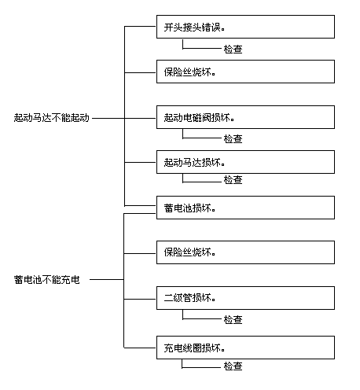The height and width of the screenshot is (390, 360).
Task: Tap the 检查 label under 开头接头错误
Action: click(x=233, y=49)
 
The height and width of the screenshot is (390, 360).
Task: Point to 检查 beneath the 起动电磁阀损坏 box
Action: click(x=233, y=138)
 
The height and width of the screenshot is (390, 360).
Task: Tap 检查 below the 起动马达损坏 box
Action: click(x=233, y=179)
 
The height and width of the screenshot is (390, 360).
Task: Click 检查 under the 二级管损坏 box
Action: click(x=233, y=319)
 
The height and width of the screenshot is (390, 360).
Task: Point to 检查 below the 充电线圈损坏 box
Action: click(x=233, y=366)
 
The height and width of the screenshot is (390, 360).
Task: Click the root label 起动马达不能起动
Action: click(x=52, y=118)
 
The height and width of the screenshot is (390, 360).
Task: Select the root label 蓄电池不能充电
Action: click(x=47, y=280)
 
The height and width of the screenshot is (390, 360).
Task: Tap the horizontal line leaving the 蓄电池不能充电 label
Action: click(x=107, y=279)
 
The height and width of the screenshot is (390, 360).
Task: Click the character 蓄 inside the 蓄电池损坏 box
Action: click(x=168, y=208)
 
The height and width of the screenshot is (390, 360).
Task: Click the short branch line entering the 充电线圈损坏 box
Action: click(x=140, y=348)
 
